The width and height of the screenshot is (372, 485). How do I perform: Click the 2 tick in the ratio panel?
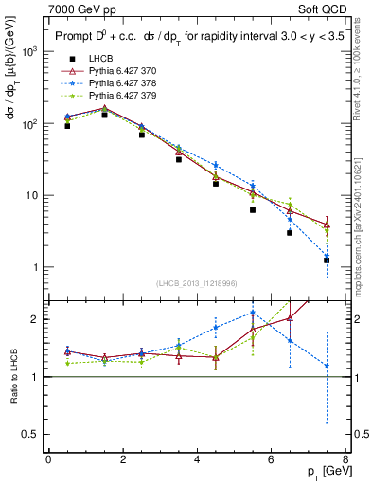(36, 319)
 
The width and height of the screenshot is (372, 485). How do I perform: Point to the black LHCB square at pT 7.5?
(327, 260)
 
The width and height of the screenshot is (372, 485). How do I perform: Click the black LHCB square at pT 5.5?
(253, 210)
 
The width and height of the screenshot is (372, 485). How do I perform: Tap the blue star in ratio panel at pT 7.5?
(327, 366)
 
